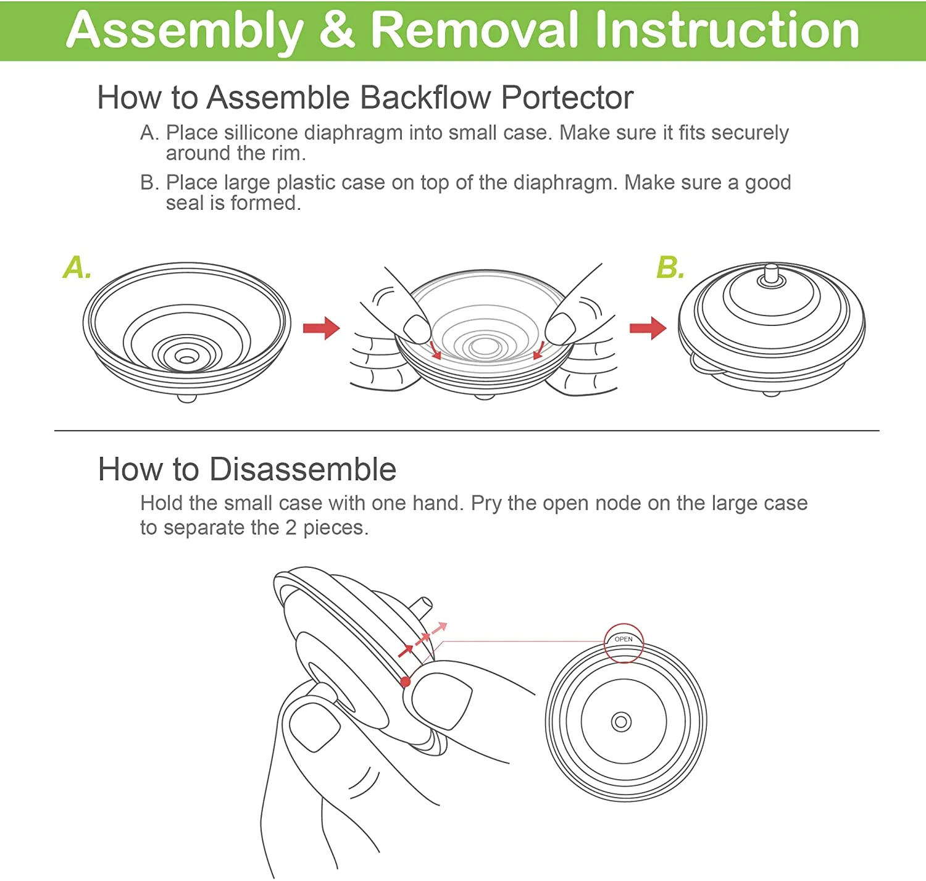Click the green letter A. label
pyautogui.click(x=77, y=268)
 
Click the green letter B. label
pyautogui.click(x=670, y=268)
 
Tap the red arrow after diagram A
pyautogui.click(x=322, y=328)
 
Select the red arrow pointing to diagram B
pyautogui.click(x=648, y=328)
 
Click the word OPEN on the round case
pyautogui.click(x=624, y=639)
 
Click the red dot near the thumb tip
pyautogui.click(x=405, y=682)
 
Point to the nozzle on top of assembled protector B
pyautogui.click(x=771, y=273)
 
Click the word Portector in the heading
pyautogui.click(x=567, y=98)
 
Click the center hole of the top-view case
pyautogui.click(x=621, y=722)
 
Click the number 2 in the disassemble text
pyautogui.click(x=291, y=528)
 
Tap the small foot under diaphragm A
pyautogui.click(x=186, y=398)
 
